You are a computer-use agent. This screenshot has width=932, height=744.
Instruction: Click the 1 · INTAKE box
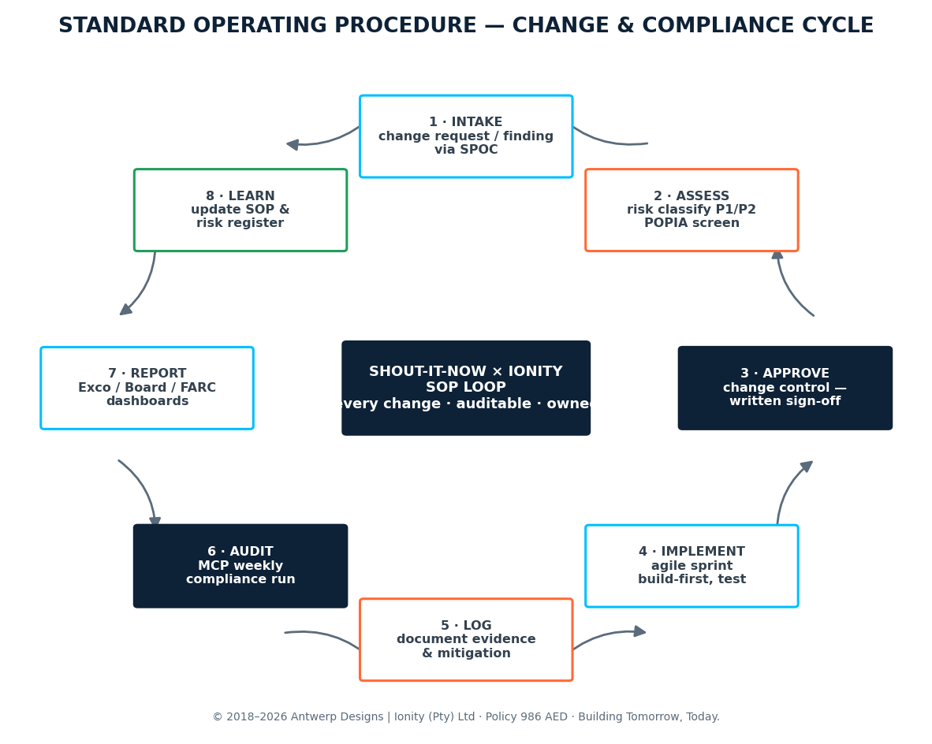tap(466, 136)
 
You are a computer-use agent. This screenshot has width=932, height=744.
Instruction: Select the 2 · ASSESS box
tap(692, 210)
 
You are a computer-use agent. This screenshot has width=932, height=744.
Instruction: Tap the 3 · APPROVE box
tap(785, 388)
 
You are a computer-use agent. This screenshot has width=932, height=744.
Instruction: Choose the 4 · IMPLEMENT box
tap(692, 566)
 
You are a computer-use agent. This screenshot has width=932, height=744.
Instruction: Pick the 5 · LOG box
tap(466, 639)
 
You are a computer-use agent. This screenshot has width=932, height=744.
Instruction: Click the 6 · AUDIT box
tap(240, 566)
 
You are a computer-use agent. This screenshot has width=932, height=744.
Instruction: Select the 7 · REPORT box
tap(147, 388)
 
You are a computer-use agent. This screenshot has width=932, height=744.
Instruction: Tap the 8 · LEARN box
tap(240, 210)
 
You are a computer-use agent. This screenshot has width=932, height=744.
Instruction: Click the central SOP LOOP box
tap(466, 388)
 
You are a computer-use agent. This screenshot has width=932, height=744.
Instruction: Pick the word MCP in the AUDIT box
tap(211, 566)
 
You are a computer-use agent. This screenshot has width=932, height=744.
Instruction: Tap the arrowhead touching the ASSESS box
tap(777, 255)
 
